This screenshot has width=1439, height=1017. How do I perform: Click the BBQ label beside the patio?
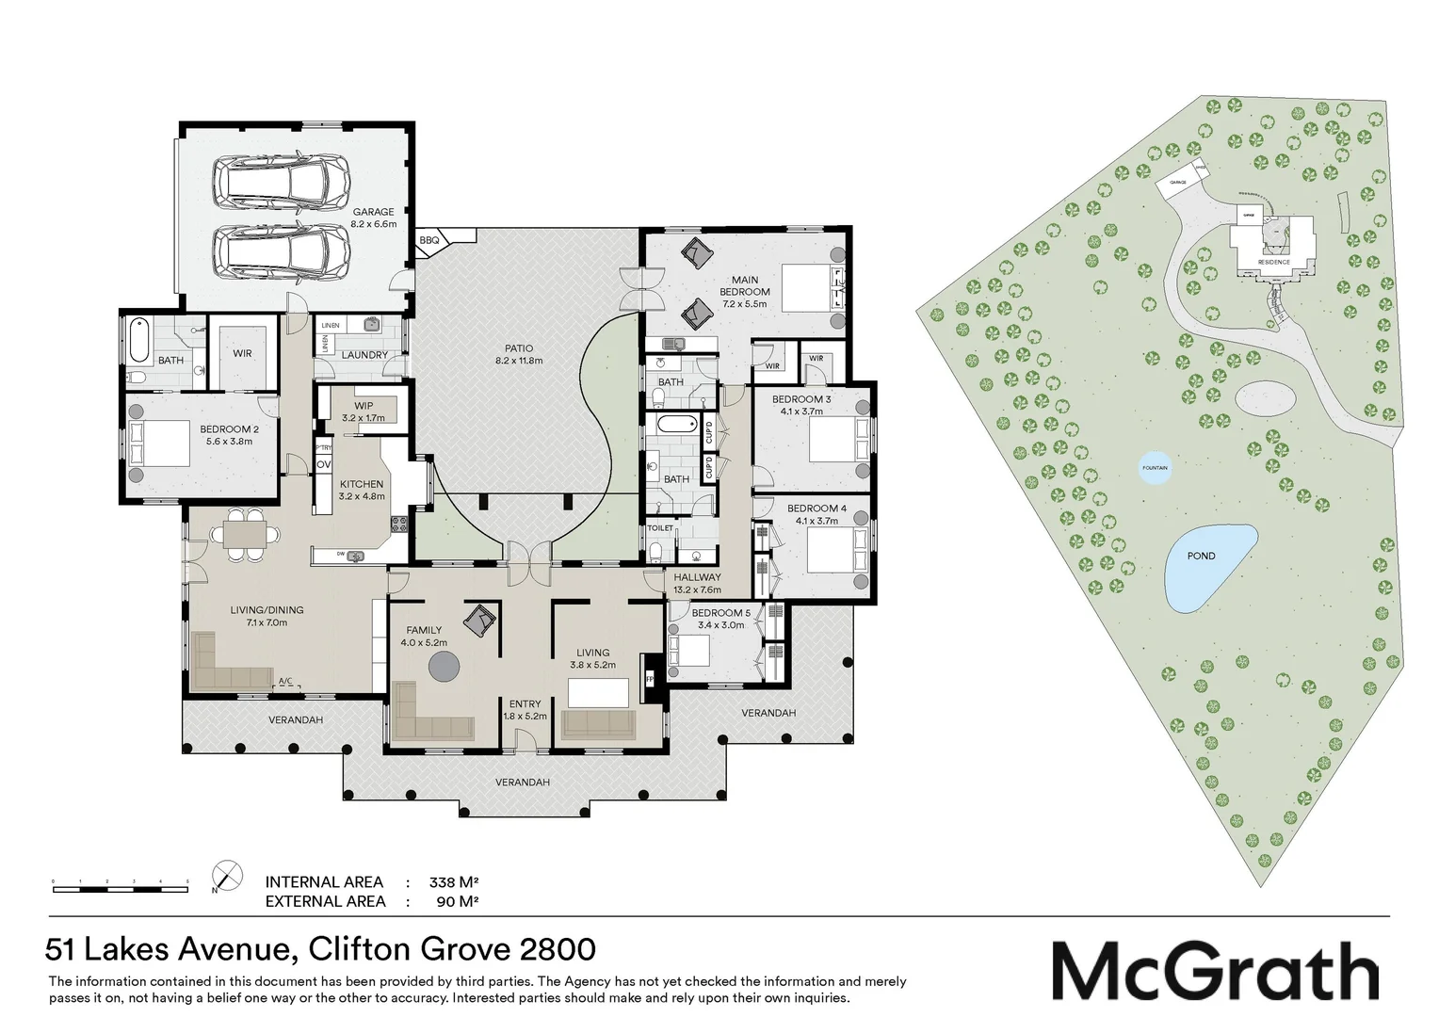tap(429, 241)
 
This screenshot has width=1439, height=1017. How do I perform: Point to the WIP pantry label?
tap(363, 406)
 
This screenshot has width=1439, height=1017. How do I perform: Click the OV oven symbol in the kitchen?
tap(323, 465)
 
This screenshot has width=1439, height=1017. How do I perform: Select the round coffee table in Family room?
tap(445, 668)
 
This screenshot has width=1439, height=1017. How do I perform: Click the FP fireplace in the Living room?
tap(649, 676)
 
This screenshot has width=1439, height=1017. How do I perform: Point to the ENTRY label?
tap(525, 704)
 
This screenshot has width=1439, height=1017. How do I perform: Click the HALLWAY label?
tap(696, 577)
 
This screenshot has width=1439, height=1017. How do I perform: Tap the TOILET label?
tap(660, 528)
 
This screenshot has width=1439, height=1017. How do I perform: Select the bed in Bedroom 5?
tap(688, 652)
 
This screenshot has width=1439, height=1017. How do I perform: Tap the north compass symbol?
tap(227, 875)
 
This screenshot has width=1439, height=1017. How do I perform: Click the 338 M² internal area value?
tap(454, 882)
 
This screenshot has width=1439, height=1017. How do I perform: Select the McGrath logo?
tap(1215, 971)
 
